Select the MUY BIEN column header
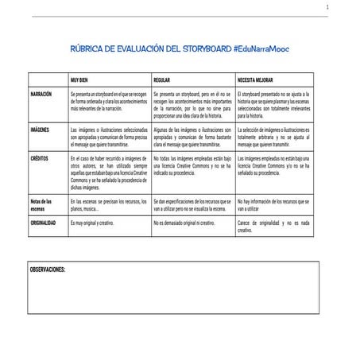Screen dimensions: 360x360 [x=80, y=81]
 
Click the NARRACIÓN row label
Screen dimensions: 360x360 [x=41, y=94]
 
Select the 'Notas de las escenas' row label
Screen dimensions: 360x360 [x=41, y=205]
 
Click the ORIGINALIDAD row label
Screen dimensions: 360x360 [x=45, y=223]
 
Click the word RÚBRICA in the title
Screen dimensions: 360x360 [x=91, y=49]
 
